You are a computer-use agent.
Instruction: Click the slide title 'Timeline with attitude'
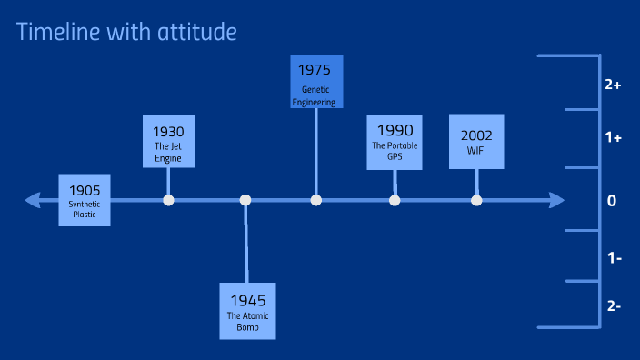126,32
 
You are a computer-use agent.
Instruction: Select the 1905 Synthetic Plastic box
84,200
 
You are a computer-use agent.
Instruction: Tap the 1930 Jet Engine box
168,141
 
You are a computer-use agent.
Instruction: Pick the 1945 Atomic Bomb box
246,310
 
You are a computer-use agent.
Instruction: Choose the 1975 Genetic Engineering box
315,83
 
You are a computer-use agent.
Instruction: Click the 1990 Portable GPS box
395,142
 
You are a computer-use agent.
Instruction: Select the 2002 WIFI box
476,141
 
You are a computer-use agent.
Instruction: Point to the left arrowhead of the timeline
32,200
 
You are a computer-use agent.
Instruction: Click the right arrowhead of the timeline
556,200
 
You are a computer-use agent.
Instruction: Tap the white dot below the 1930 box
168,200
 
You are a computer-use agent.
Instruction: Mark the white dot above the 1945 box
245,200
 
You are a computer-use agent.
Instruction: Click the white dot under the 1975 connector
315,200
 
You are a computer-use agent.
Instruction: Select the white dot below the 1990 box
395,200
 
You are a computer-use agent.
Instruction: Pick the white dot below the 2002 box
476,200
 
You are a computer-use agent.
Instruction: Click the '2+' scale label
612,85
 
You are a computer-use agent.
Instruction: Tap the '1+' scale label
612,138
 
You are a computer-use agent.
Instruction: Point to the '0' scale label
612,201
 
